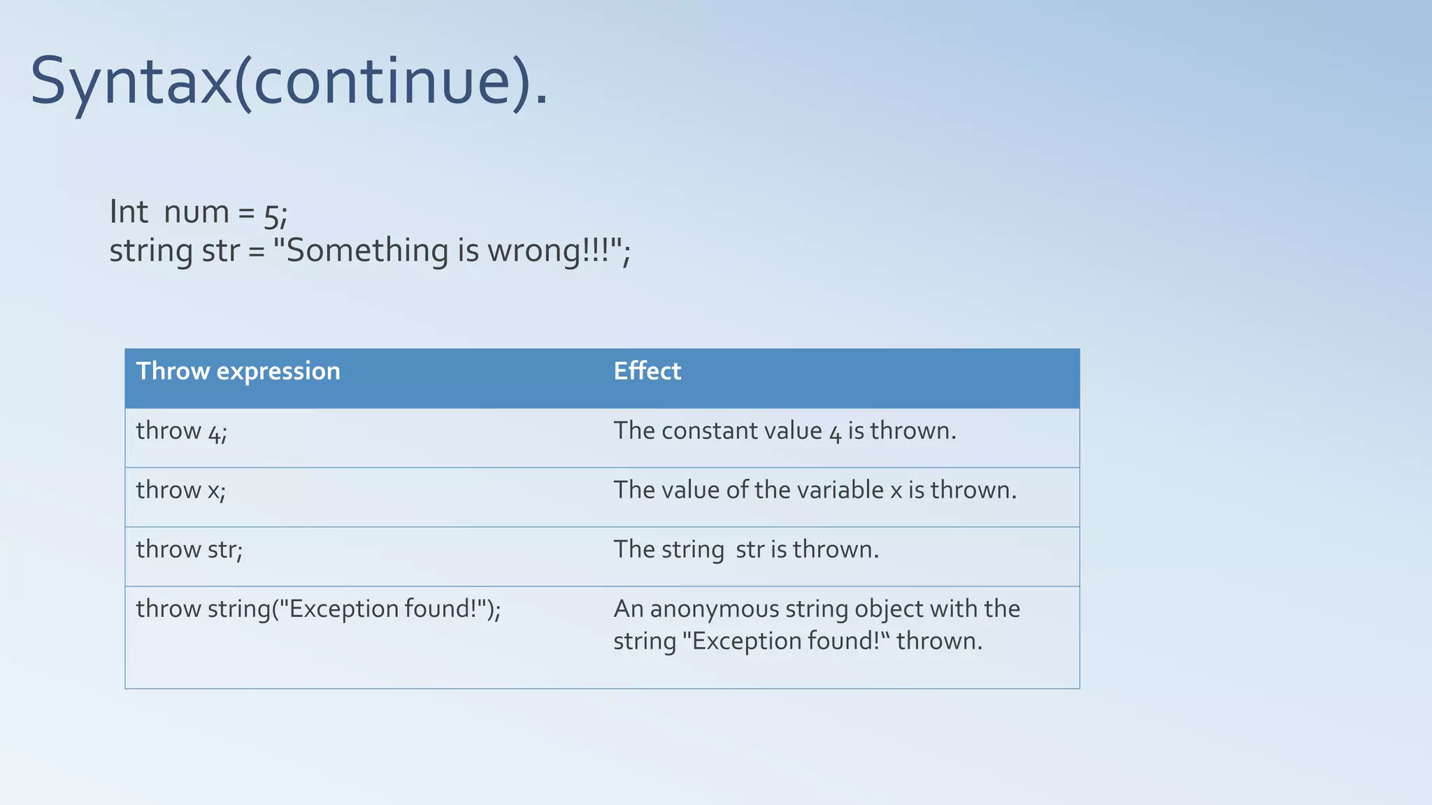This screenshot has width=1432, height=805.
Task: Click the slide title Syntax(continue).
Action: [x=289, y=82]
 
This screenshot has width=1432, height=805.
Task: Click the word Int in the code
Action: [x=129, y=212]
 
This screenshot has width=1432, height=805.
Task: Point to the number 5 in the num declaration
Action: [x=271, y=216]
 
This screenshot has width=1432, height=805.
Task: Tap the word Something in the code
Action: [x=368, y=251]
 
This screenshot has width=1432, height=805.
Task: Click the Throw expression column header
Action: [x=238, y=371]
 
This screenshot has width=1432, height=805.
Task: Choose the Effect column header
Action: [x=647, y=371]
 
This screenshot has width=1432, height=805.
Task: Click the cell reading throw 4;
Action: [x=182, y=431]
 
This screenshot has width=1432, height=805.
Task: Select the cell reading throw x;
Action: [x=181, y=491]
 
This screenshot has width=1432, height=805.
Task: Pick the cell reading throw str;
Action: [x=189, y=550]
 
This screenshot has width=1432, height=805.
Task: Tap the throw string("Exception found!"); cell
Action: [x=318, y=609]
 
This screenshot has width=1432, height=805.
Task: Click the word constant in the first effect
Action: [x=706, y=431]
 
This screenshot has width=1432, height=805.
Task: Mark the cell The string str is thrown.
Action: [x=745, y=550]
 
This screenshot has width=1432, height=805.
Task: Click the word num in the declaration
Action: [x=196, y=212]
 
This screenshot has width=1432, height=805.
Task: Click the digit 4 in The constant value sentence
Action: [x=835, y=434]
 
